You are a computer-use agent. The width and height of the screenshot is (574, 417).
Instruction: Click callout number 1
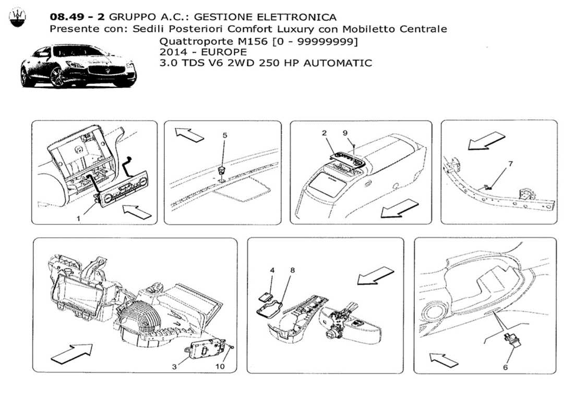78,219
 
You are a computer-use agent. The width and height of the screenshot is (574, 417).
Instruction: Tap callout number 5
225,135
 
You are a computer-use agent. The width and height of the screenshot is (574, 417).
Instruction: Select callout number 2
324,133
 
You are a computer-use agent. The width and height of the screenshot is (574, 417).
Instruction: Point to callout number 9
344,133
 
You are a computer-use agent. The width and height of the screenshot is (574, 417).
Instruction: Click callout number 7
510,164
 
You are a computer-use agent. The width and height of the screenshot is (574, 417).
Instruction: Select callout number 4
272,271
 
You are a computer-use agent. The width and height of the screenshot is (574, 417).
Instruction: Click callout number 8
292,271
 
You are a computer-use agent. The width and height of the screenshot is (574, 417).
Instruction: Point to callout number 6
505,367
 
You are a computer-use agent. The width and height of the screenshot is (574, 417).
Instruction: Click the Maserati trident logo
17,18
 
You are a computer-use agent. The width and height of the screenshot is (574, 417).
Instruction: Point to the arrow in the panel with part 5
189,134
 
